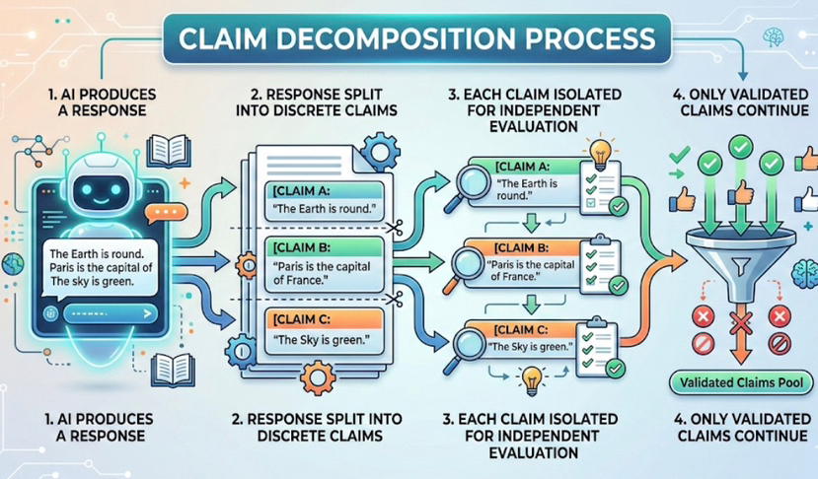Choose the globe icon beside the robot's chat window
pyautogui.click(x=13, y=263)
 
